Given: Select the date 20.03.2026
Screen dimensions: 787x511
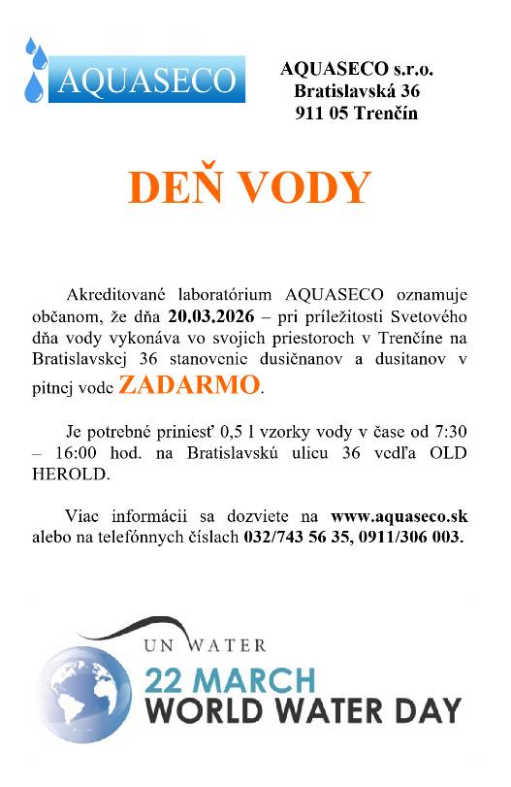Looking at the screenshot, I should click(x=215, y=315).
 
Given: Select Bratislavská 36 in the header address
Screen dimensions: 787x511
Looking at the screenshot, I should click(x=357, y=91).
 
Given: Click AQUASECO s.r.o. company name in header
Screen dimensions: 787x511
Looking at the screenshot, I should click(x=357, y=70).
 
